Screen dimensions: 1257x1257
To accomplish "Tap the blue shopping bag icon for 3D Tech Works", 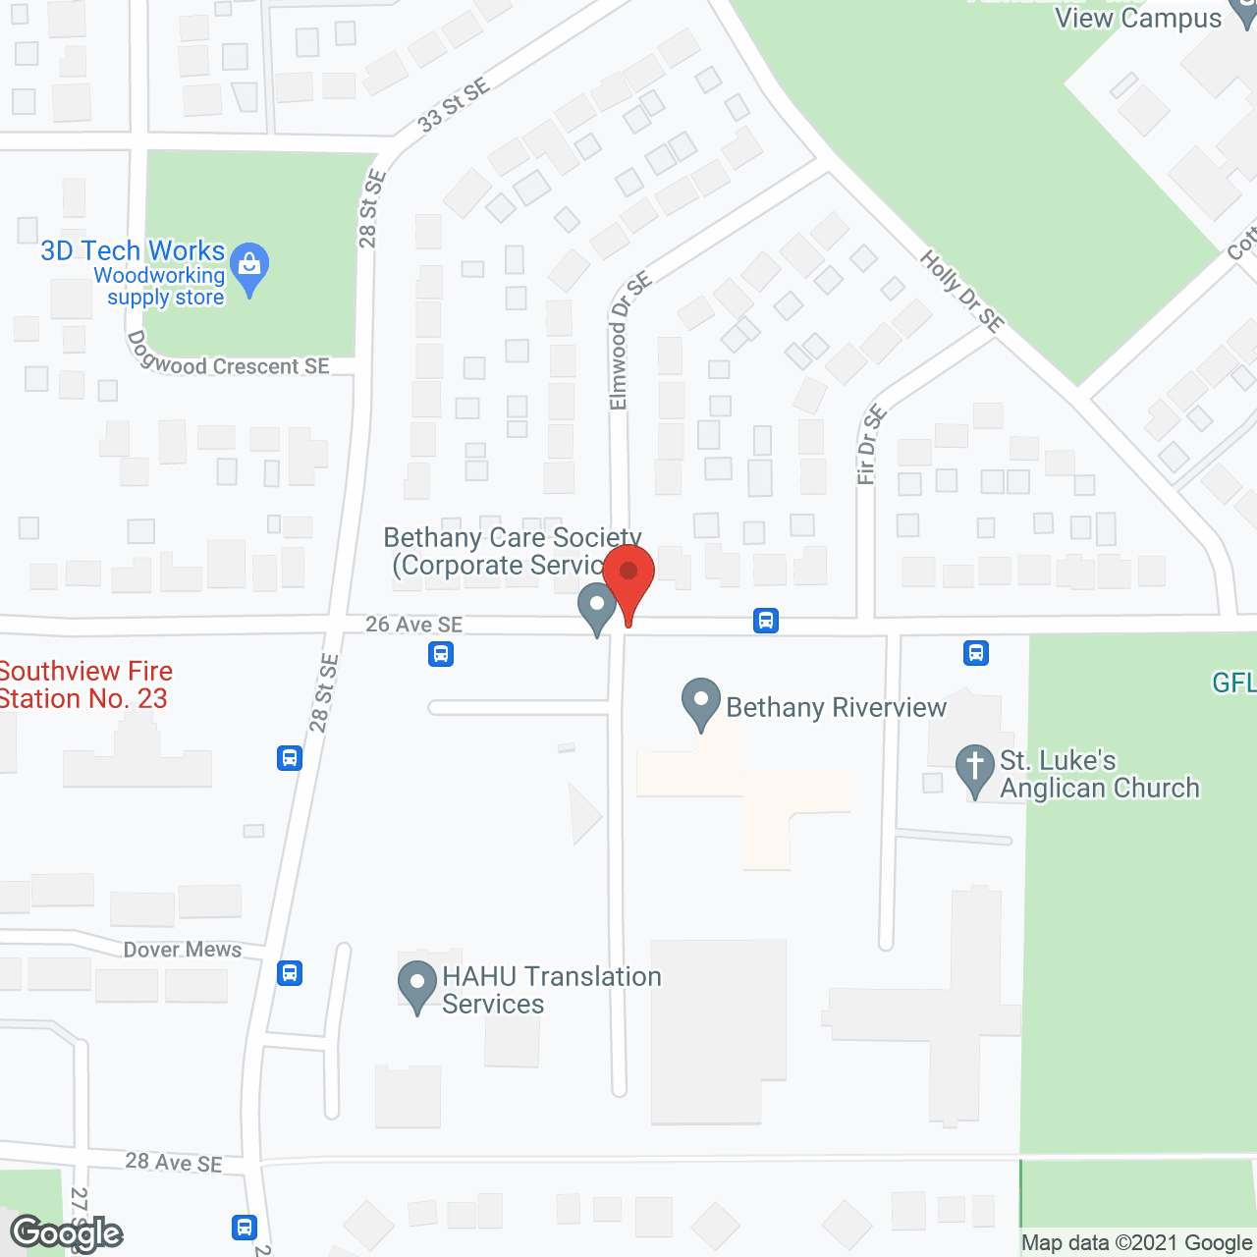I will [x=249, y=265].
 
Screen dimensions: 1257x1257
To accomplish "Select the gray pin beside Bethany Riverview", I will [x=701, y=702].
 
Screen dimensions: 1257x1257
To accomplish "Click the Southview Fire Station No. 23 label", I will [x=85, y=684].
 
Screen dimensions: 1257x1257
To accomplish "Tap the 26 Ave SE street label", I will [x=413, y=625].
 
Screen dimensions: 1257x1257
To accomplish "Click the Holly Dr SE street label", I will [x=961, y=291].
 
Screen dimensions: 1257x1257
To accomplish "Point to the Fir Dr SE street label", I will [x=871, y=445].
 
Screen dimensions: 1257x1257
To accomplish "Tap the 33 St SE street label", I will [x=453, y=106].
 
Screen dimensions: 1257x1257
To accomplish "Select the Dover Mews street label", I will [x=183, y=950].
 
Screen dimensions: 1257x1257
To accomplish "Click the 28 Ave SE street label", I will [x=174, y=1163].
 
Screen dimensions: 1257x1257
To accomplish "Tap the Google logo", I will [x=66, y=1232].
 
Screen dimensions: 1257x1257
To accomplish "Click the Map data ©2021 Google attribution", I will [x=1136, y=1243].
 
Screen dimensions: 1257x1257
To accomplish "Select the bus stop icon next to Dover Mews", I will [x=290, y=973].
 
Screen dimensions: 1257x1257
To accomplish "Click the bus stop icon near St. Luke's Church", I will [x=976, y=653].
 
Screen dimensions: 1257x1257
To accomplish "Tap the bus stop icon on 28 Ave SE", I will [x=245, y=1227].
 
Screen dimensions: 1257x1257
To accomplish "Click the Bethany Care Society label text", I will [x=512, y=551].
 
